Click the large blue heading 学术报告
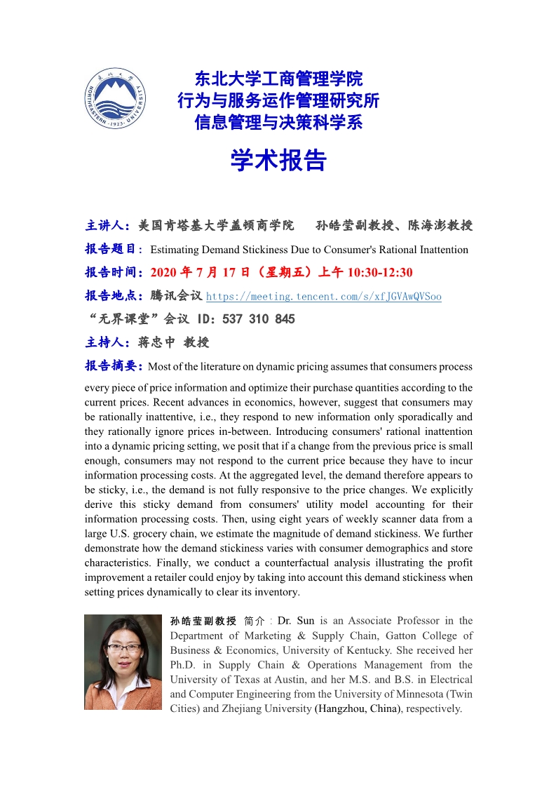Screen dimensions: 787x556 coord(278,161)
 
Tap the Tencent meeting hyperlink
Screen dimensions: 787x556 coord(323,297)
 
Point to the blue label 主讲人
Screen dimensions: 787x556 coord(106,226)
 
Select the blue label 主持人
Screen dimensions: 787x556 coord(106,343)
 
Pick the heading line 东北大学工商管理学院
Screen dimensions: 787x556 coord(278,79)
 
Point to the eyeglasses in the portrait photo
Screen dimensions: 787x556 coord(123,647)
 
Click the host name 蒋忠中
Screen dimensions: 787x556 coord(157,343)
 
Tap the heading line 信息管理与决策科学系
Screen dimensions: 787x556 coord(278,122)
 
